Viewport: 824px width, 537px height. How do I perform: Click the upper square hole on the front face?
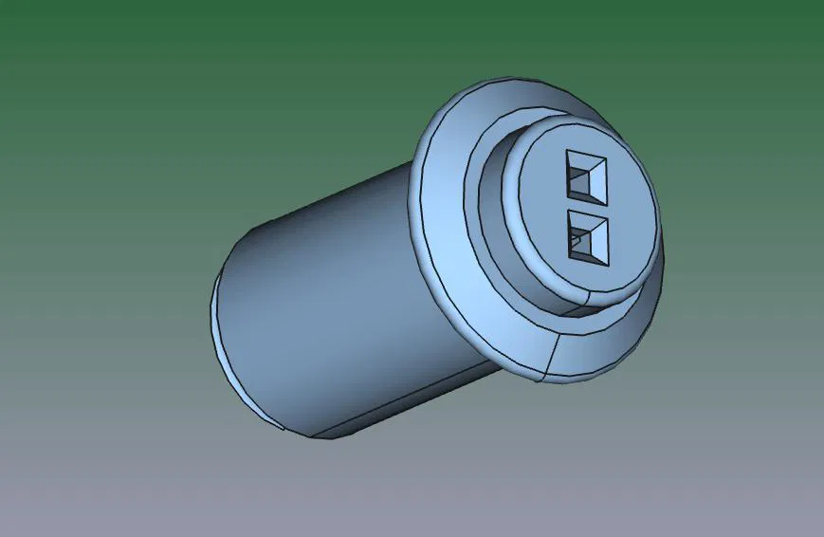pyautogui.click(x=586, y=176)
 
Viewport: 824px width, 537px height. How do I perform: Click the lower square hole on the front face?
pyautogui.click(x=586, y=237)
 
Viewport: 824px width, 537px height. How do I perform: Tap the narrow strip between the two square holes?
pyautogui.click(x=586, y=207)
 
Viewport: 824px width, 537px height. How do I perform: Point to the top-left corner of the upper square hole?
pyautogui.click(x=567, y=150)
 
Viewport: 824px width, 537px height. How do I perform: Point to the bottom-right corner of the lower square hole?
pyautogui.click(x=607, y=265)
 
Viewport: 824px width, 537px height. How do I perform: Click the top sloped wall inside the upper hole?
pyautogui.click(x=586, y=157)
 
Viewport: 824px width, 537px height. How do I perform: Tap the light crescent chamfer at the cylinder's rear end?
pyautogui.click(x=220, y=332)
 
